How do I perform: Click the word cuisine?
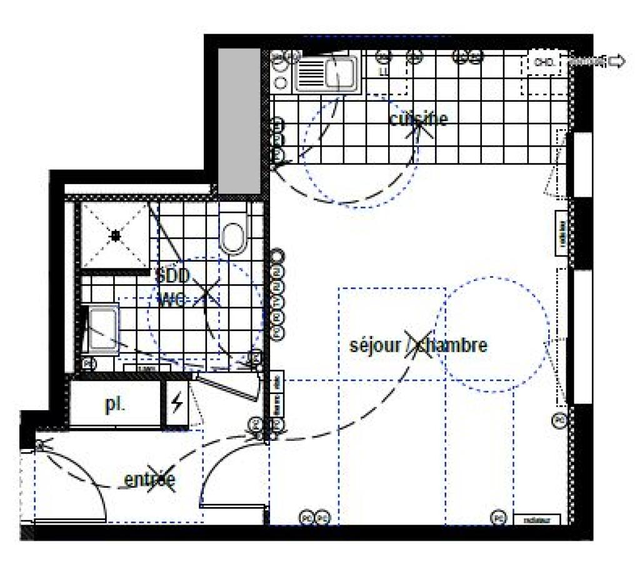coord(418,119)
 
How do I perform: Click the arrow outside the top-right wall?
coord(616,61)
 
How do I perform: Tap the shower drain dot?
coord(115,236)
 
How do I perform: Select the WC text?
coord(173,300)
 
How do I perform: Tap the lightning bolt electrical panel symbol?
coord(178,405)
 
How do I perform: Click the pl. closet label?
coord(115,404)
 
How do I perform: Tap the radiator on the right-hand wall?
coord(562,233)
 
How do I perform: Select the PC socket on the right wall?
coord(559,420)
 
